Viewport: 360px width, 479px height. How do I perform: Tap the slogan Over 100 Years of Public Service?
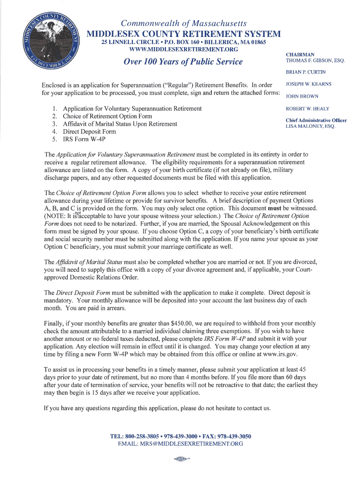pyautogui.click(x=183, y=62)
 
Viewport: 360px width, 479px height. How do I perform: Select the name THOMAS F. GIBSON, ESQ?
pyautogui.click(x=315, y=61)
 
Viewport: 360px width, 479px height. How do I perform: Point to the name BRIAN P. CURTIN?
pyautogui.click(x=305, y=72)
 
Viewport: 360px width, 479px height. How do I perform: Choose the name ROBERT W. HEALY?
pyautogui.click(x=307, y=109)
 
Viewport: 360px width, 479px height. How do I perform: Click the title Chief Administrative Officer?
pyautogui.click(x=316, y=120)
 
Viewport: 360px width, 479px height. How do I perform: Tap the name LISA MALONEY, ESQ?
pyautogui.click(x=310, y=126)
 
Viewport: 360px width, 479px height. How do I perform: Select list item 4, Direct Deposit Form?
pyautogui.click(x=89, y=131)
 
